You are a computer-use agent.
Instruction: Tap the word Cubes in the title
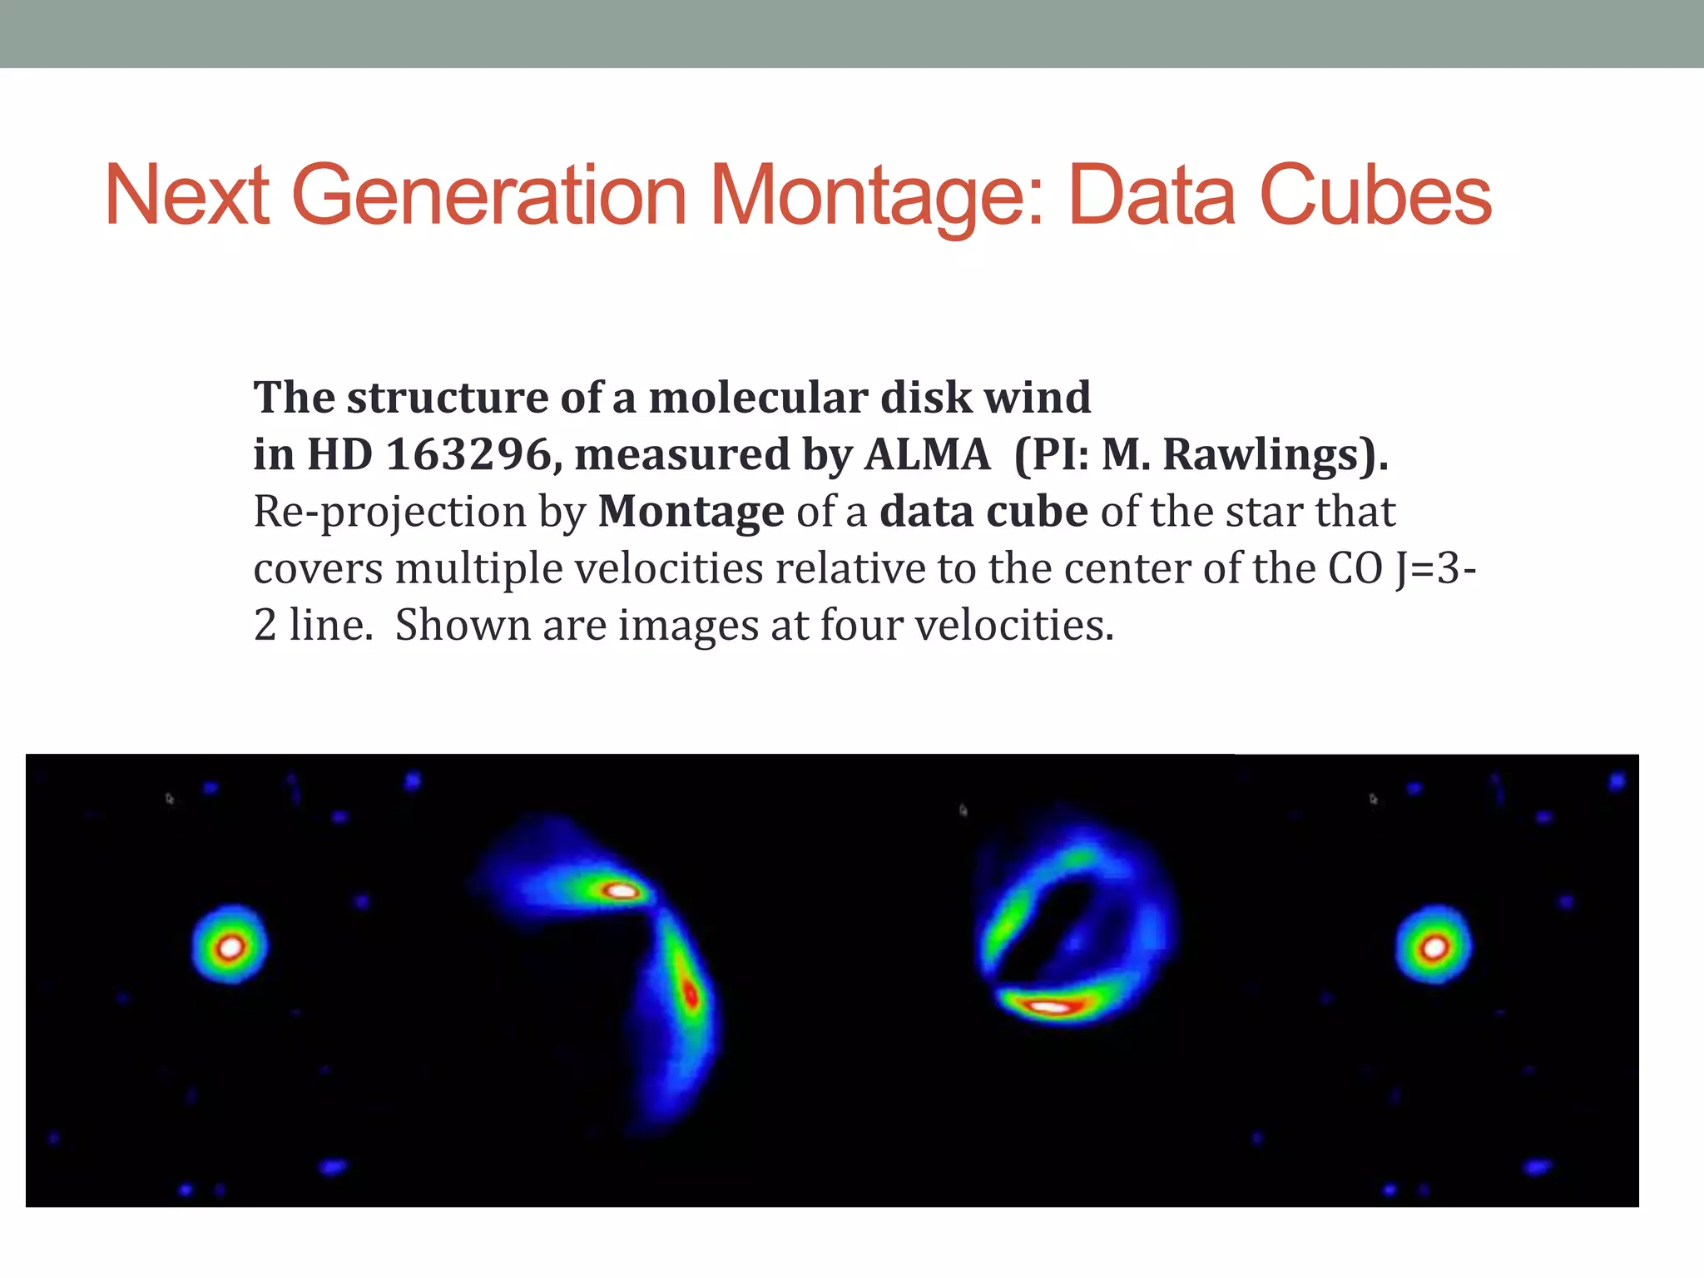point(1375,196)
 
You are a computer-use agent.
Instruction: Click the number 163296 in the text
point(468,455)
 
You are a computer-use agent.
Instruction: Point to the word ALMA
point(927,455)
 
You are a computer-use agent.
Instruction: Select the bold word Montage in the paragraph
point(691,512)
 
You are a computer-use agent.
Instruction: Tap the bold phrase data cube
point(983,512)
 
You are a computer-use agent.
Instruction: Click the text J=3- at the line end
point(1434,569)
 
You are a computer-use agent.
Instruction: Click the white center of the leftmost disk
point(230,947)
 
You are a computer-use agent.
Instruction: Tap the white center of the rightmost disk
point(1433,947)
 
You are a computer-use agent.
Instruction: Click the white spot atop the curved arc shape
point(621,891)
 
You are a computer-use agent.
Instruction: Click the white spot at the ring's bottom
point(1050,1007)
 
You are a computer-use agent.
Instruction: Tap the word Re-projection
point(389,513)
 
